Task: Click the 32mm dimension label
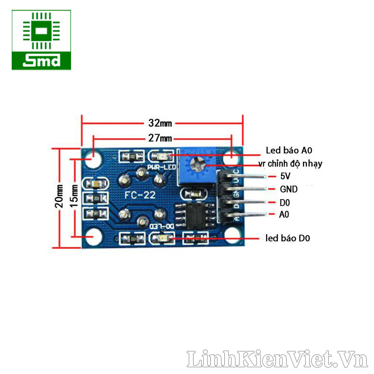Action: pyautogui.click(x=160, y=123)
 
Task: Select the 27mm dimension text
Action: pyautogui.click(x=160, y=138)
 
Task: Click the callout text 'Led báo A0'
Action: pyautogui.click(x=289, y=151)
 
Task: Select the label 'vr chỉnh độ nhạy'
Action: pyautogui.click(x=290, y=164)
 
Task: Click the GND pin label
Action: pyautogui.click(x=288, y=189)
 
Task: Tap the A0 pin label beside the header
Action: pyautogui.click(x=284, y=215)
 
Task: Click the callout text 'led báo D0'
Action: pyautogui.click(x=288, y=238)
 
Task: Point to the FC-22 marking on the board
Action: pyautogui.click(x=140, y=195)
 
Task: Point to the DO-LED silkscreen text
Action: pyautogui.click(x=161, y=226)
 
